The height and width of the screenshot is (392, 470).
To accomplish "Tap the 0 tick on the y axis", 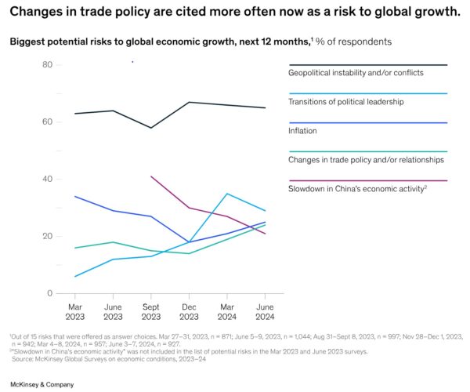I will [49, 293].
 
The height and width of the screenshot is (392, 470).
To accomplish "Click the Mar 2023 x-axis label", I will [74, 310].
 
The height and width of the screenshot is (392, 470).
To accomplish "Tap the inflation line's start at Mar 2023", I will [74, 196].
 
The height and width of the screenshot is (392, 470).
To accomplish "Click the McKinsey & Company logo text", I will [42, 384].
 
